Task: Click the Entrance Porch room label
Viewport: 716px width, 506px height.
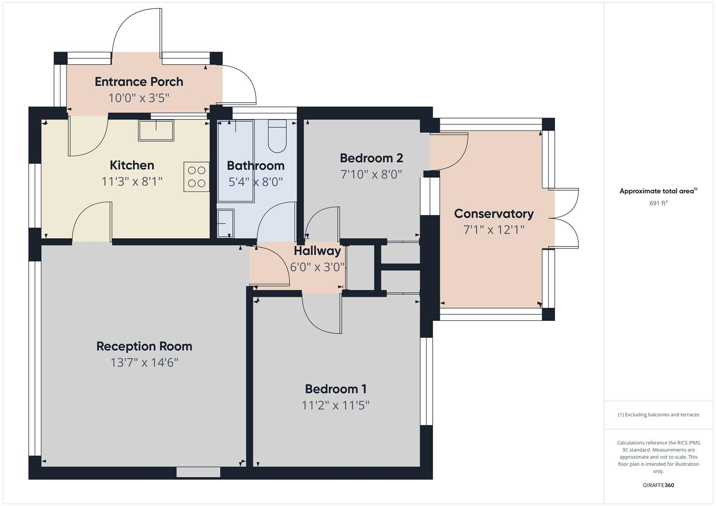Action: coord(139,82)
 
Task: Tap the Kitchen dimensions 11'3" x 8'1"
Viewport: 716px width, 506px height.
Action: coord(132,181)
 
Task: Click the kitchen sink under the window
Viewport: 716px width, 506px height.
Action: coord(156,130)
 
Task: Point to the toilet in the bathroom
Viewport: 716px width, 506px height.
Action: coord(277,136)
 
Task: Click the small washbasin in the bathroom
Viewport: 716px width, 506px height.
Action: coord(226,223)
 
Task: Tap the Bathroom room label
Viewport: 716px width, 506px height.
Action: coord(256,165)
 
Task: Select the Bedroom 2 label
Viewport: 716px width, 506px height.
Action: coord(371,158)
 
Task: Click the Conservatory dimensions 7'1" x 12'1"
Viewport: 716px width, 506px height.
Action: coord(494,230)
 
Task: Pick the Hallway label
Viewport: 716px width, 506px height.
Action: coord(317,251)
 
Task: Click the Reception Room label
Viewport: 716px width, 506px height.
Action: coord(144,346)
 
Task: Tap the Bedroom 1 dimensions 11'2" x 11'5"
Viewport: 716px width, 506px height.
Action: coord(336,405)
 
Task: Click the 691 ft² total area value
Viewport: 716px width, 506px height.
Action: coord(658,203)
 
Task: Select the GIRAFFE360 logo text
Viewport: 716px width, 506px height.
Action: coord(658,485)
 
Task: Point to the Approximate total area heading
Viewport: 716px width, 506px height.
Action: coord(658,191)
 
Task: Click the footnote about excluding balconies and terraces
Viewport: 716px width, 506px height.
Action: coord(658,415)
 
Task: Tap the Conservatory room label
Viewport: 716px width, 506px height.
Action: coord(494,214)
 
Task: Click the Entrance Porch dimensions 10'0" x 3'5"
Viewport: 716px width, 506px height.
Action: coord(139,98)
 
